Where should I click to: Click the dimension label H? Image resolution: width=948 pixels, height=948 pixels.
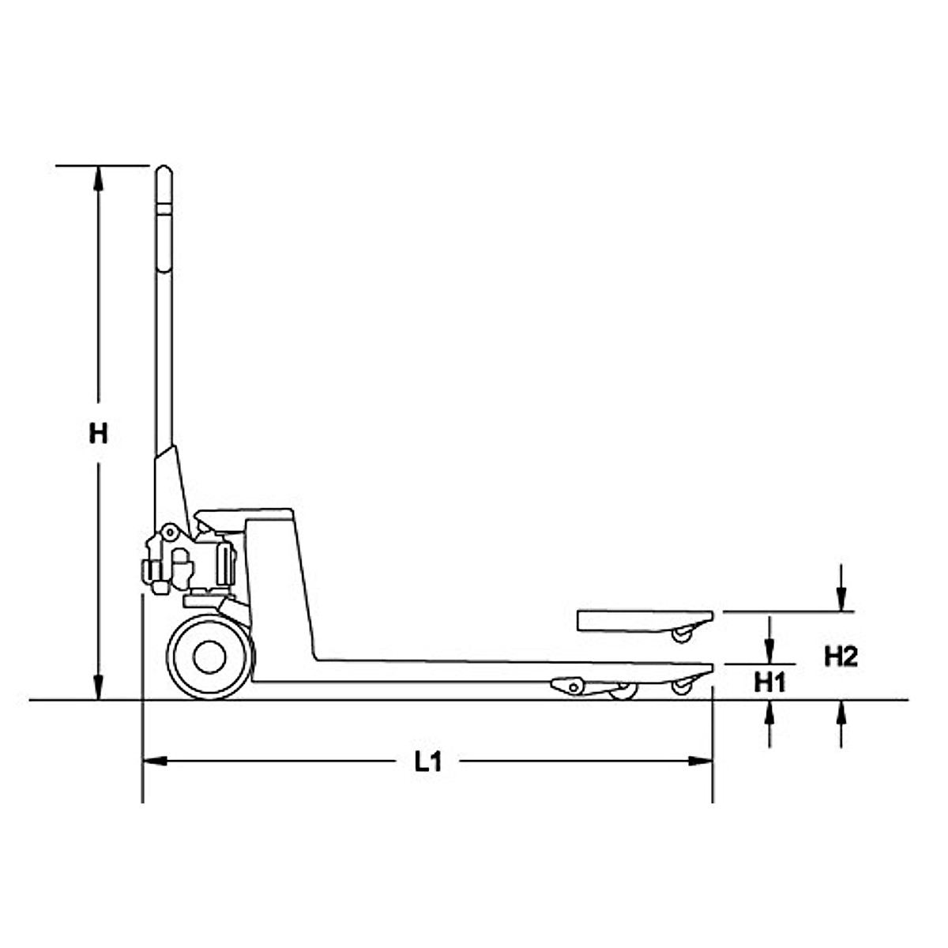98,434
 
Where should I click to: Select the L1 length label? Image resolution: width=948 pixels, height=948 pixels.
428,762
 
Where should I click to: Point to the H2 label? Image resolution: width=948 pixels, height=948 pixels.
841,656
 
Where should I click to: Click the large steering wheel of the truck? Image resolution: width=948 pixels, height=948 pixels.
210,657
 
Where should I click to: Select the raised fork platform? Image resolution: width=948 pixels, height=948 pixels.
644,620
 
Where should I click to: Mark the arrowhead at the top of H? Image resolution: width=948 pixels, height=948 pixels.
98,179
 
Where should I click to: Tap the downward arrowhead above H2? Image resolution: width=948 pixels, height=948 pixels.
842,600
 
